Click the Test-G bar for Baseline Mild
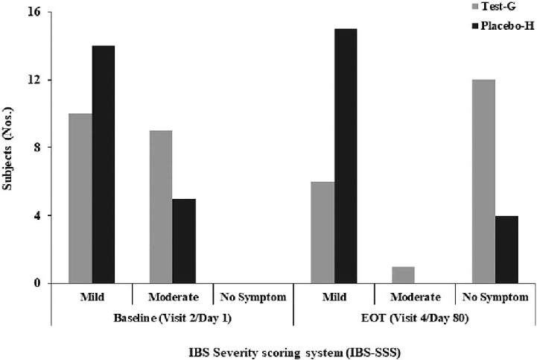[80, 198]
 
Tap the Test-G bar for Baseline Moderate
[160, 206]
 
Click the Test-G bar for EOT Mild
[322, 233]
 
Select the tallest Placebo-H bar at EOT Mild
[346, 156]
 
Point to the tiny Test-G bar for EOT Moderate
[403, 275]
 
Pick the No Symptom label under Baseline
[252, 296]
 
